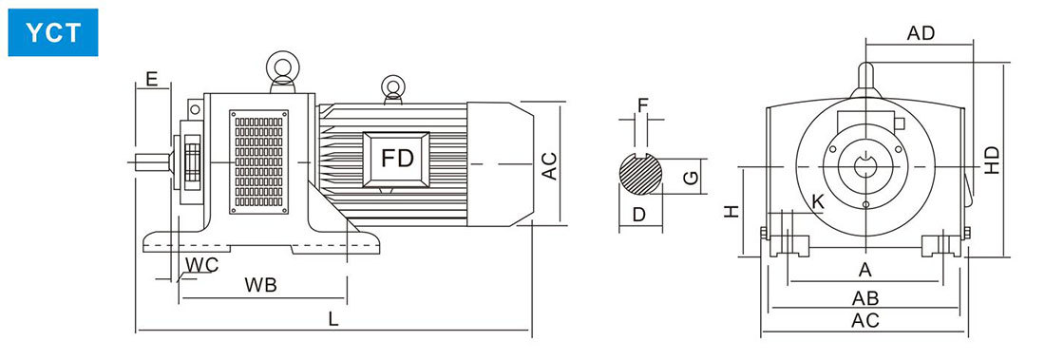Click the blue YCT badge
coord(52,32)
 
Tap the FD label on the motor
coord(397,159)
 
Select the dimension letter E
coord(152,80)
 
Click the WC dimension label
coord(202,265)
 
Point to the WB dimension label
coord(260,285)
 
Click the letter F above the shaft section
coord(642,105)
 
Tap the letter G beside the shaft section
coord(692,178)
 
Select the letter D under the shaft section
coord(639,214)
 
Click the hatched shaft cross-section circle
coord(640,175)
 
